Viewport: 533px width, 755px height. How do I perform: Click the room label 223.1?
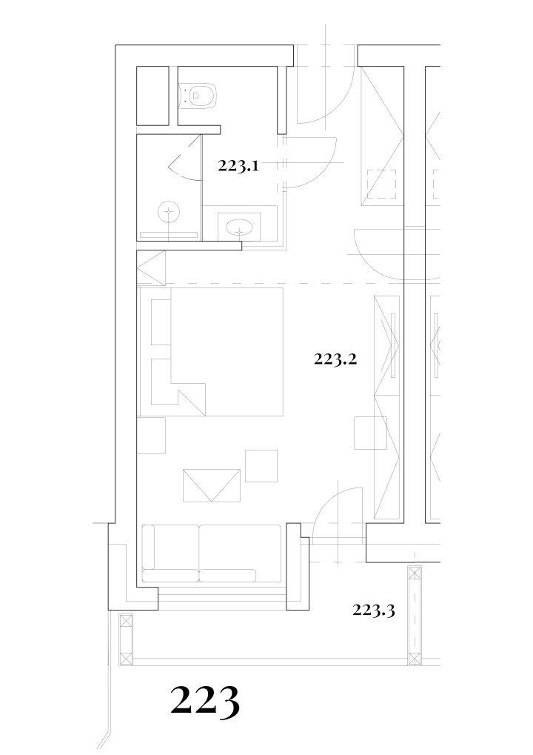pos(238,166)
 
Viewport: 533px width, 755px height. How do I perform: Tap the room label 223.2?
pos(335,359)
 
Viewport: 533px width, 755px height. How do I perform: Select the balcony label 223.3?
pos(374,611)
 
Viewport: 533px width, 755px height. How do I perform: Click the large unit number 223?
pos(205,703)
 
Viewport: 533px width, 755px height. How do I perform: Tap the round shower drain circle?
pos(169,211)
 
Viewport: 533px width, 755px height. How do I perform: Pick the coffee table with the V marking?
pos(212,485)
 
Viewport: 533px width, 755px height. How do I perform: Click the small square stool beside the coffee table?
pos(261,465)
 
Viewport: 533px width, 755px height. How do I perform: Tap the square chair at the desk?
pos(370,433)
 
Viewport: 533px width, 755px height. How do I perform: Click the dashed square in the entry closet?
pos(381,184)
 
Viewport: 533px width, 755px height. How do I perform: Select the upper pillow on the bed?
pos(161,322)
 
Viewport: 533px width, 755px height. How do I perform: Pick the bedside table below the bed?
pos(151,435)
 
